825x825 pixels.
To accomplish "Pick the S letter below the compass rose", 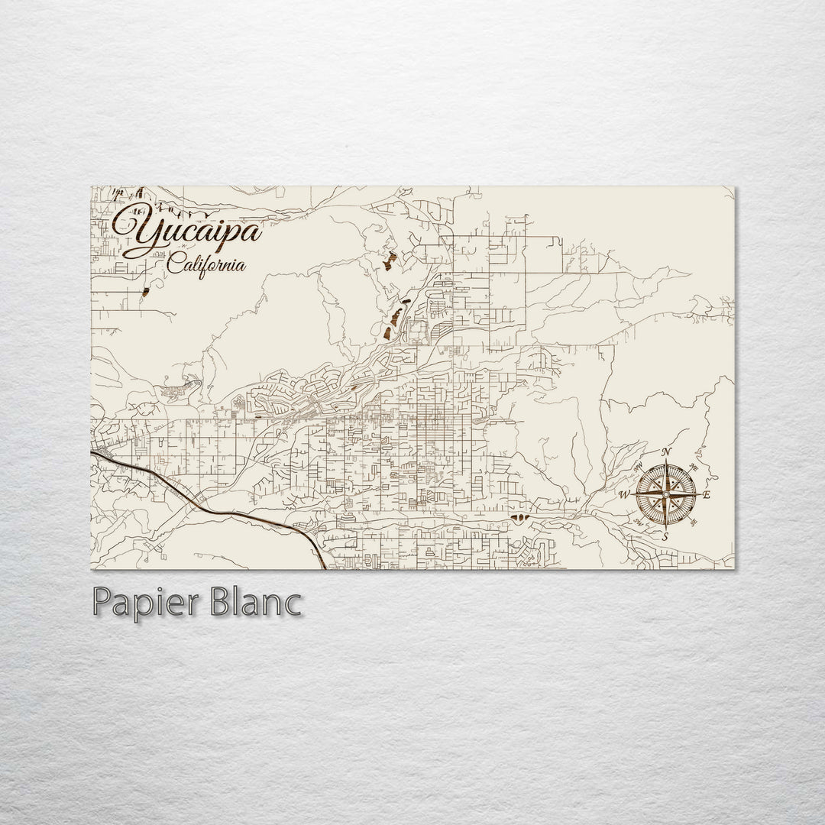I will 665,536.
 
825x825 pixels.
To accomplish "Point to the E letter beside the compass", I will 707,496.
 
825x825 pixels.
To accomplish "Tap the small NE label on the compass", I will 692,467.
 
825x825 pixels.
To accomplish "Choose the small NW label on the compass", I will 639,467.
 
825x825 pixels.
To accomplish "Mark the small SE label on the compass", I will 692,523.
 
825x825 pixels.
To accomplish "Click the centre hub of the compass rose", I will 665,495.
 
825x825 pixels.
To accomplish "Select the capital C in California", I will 175,267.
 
